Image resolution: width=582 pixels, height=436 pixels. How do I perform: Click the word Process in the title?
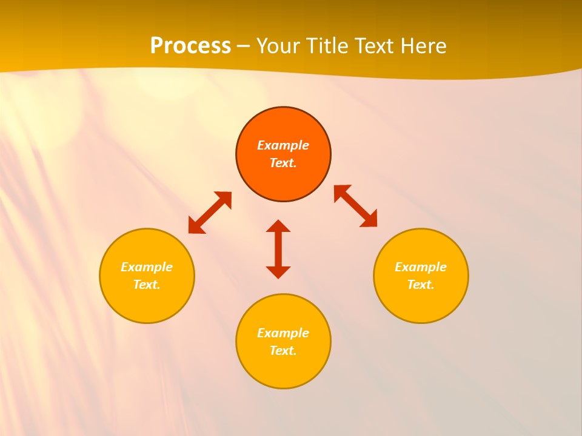tap(190, 46)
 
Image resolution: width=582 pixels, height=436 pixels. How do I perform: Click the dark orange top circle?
tap(283, 182)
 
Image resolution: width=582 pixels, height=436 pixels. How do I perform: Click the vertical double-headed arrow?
tap(278, 249)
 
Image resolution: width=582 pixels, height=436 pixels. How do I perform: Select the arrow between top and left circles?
tap(210, 212)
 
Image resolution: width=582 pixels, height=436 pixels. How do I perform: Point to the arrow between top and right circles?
tap(355, 206)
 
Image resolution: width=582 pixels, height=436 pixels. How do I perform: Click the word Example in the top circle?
tap(283, 145)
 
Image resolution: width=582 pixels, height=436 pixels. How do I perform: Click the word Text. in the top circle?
tap(283, 163)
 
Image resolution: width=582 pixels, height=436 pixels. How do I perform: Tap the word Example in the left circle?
tap(147, 267)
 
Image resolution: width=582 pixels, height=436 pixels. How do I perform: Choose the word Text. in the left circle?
tap(147, 285)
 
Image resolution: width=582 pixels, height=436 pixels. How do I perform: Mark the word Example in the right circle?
tap(421, 267)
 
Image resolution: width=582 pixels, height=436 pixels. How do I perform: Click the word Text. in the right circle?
tap(421, 285)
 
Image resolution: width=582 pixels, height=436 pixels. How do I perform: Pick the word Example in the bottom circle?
tap(283, 333)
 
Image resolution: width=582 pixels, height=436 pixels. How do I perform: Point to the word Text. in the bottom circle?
tap(283, 351)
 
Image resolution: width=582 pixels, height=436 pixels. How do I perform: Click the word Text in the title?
tap(372, 46)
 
